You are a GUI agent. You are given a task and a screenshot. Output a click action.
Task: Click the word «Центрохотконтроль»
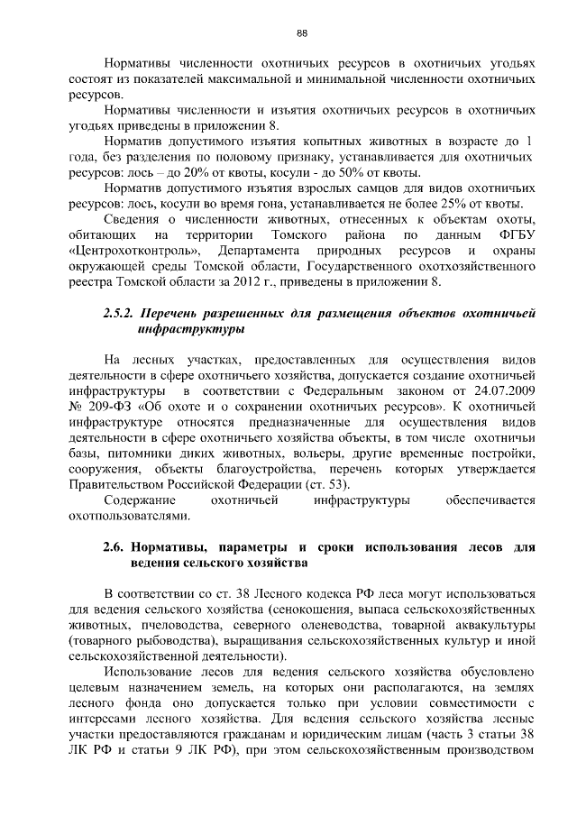pyautogui.click(x=135, y=250)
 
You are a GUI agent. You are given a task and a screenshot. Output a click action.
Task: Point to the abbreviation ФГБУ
pyautogui.click(x=512, y=234)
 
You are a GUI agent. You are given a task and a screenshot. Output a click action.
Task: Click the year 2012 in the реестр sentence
pyautogui.click(x=260, y=281)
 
